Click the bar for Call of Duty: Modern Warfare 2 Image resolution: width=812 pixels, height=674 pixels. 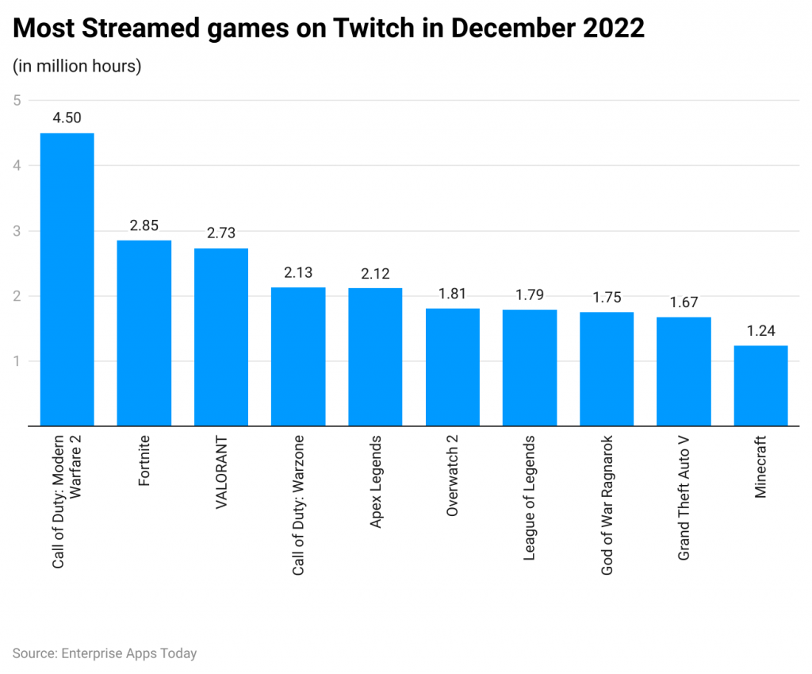tap(67, 279)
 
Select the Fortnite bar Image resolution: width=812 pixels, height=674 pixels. tap(144, 333)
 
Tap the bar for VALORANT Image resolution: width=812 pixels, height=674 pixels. tap(221, 337)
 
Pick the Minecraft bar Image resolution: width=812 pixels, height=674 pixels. tap(760, 386)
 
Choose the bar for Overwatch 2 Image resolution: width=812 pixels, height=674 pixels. tap(452, 367)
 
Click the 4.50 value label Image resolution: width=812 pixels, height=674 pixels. tap(67, 118)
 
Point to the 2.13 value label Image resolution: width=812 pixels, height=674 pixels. tap(298, 272)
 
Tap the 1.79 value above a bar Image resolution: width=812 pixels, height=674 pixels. tap(530, 295)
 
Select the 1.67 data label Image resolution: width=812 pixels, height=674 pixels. tap(684, 302)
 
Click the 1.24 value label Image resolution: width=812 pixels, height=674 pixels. tap(760, 330)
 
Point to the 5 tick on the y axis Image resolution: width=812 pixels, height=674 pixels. tap(17, 100)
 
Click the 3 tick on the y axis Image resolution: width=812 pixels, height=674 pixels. tap(17, 231)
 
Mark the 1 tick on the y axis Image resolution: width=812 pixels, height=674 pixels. tap(17, 361)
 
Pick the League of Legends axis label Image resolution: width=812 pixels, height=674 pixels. tap(530, 498)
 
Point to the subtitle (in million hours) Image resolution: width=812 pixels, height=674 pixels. tap(77, 66)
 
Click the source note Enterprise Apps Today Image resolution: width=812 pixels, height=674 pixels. tap(105, 653)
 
